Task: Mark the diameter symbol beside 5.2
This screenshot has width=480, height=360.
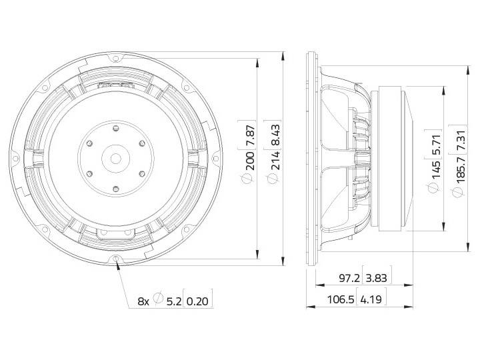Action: (158, 301)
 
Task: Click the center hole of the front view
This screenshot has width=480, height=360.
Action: (116, 158)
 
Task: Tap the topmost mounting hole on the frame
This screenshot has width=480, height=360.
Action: (116, 59)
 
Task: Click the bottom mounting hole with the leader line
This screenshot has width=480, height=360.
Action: (117, 258)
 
